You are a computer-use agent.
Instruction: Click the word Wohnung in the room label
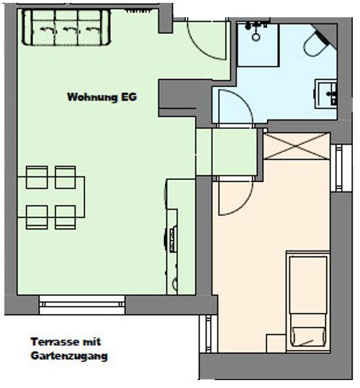pyautogui.click(x=92, y=96)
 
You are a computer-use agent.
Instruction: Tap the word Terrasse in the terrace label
pyautogui.click(x=55, y=342)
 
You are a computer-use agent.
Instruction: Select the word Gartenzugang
pyautogui.click(x=69, y=356)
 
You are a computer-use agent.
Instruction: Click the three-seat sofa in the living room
pyautogui.click(x=66, y=27)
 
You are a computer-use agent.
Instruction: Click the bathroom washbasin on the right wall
pyautogui.click(x=326, y=94)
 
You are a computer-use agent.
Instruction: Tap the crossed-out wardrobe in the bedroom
pyautogui.click(x=297, y=146)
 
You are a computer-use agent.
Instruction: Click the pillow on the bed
pyautogui.click(x=308, y=336)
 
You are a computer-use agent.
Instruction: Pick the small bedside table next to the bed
pyautogui.click(x=276, y=343)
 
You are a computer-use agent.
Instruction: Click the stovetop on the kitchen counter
pyautogui.click(x=173, y=240)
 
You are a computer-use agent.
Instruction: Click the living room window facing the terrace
pyautogui.click(x=82, y=304)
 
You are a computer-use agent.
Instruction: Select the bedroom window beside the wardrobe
pyautogui.click(x=341, y=168)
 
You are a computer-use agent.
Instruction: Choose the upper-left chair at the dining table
pyautogui.click(x=37, y=177)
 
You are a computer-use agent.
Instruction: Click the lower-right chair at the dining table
pyautogui.click(x=66, y=217)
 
